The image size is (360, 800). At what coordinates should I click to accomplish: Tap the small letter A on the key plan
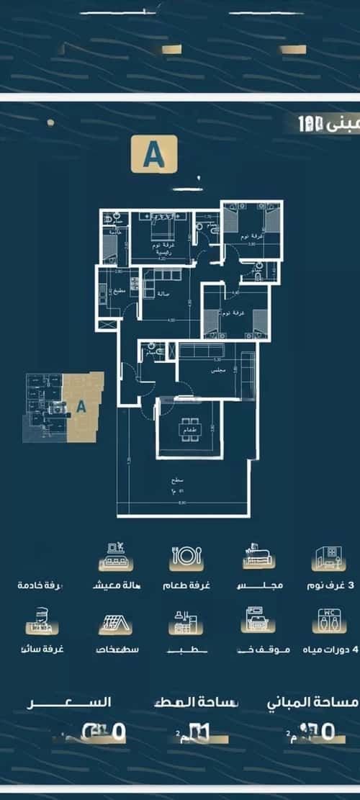point(81,406)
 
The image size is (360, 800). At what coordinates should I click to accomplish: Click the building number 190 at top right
point(315,123)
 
